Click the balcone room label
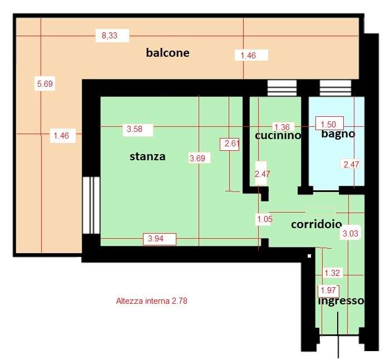coord(167,53)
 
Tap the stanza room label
coord(147,156)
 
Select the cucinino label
coord(278,135)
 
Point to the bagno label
coord(338,134)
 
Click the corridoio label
coord(316,224)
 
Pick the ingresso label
coord(341,301)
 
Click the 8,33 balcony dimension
coord(110,36)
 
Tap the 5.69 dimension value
coord(45,83)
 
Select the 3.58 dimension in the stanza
coord(135,129)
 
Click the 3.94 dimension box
coord(156,239)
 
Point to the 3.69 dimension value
coord(198,158)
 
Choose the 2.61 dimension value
coord(232,143)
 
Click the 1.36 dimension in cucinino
coord(282,127)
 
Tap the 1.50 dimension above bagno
coord(328,125)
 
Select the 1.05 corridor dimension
coord(265,219)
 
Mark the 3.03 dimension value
coord(351,233)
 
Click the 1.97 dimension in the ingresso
coord(328,290)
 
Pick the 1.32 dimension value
coord(332,273)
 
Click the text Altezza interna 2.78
coord(152,301)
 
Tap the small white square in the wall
coord(309,256)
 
